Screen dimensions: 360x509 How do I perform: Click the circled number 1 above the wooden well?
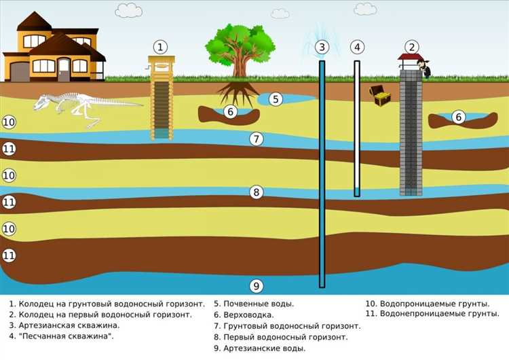(159, 47)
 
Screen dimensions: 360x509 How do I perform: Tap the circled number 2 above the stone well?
(411, 47)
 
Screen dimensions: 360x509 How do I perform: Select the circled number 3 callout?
(322, 47)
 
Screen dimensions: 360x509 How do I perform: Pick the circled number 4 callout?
(357, 47)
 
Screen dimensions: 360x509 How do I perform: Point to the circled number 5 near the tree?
(275, 99)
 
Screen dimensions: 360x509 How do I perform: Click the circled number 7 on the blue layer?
(256, 139)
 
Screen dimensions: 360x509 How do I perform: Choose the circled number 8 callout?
(256, 192)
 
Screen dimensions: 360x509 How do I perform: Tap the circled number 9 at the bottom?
(256, 285)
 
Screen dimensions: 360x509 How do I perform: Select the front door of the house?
(64, 69)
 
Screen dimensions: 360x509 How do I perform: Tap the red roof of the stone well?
(411, 58)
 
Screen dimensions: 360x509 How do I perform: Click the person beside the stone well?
(425, 67)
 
